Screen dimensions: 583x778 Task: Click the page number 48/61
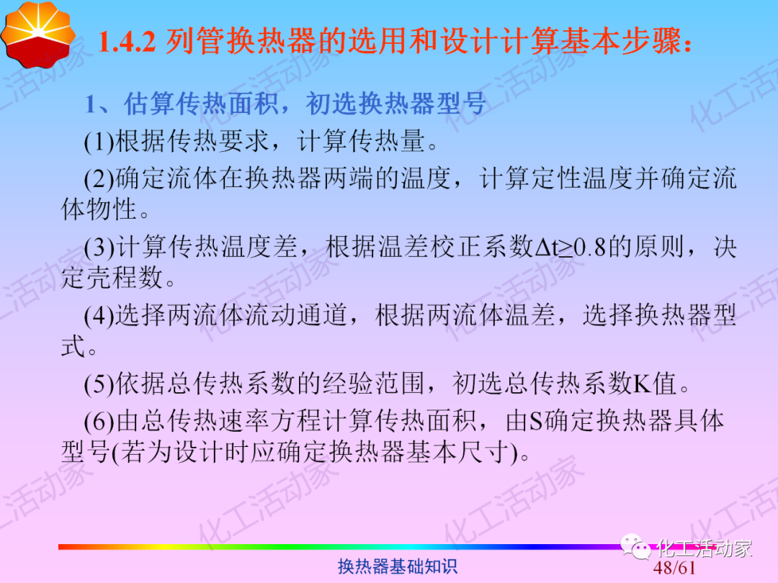tap(675, 569)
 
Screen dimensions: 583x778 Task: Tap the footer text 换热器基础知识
tap(398, 567)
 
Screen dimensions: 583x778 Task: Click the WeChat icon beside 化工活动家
tap(637, 549)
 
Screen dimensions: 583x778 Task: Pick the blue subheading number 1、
tap(99, 104)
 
